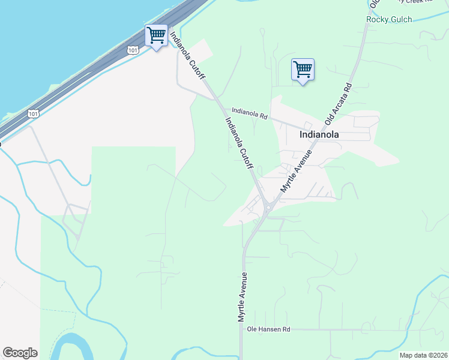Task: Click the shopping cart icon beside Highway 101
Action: point(157,36)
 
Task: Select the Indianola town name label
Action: point(319,135)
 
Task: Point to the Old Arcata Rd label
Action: point(338,104)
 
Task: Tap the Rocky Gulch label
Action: point(389,20)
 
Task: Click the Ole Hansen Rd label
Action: point(269,329)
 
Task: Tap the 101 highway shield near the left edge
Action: point(34,113)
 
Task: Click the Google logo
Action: point(20,353)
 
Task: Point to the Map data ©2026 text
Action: point(423,355)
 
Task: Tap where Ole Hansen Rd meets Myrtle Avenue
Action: point(242,329)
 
